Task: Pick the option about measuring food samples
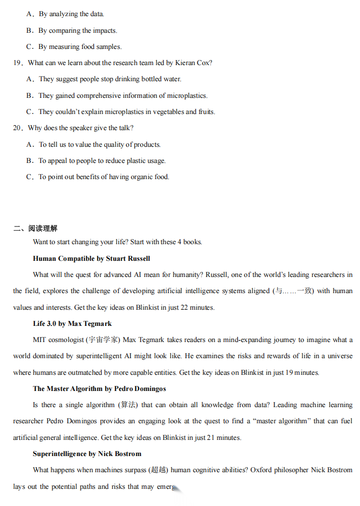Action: (80, 47)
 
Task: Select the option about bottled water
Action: (110, 79)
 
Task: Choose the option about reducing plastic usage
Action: (102, 161)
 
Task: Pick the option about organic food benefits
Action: (104, 177)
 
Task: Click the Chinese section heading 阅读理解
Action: (43, 229)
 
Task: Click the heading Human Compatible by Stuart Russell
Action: (91, 259)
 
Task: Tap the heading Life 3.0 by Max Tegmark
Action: (72, 324)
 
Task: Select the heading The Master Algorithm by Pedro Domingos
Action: (99, 389)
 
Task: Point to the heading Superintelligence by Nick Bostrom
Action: (87, 454)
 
